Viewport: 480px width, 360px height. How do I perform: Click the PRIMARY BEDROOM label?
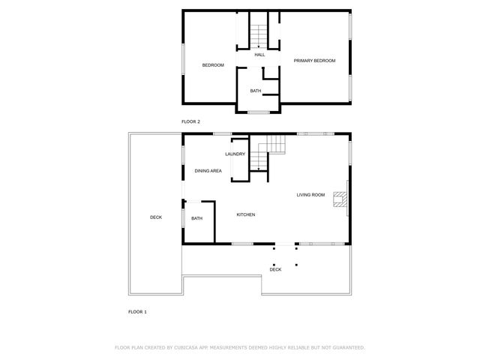click(x=314, y=61)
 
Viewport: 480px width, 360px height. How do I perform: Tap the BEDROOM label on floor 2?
click(x=213, y=65)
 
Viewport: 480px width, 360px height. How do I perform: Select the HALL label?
click(x=259, y=55)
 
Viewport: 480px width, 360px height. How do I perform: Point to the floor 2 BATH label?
click(x=256, y=91)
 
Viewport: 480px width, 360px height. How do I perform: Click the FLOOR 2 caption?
click(x=190, y=121)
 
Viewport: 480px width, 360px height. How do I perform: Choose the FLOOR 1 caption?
click(x=137, y=310)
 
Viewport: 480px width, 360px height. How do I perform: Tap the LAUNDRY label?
click(x=235, y=154)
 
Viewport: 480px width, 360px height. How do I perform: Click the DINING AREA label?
click(x=208, y=171)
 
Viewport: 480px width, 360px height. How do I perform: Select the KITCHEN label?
click(x=246, y=215)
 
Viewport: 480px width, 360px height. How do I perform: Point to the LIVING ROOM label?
click(x=310, y=195)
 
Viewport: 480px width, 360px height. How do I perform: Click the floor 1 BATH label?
click(x=196, y=218)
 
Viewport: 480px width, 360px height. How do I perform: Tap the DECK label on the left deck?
click(x=156, y=217)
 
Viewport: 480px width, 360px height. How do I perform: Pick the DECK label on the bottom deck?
click(x=275, y=269)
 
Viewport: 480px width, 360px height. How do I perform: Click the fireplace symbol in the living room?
click(x=341, y=199)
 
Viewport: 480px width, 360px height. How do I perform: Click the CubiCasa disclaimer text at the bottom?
click(x=240, y=348)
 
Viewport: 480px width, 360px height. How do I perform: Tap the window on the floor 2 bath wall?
click(x=259, y=112)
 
